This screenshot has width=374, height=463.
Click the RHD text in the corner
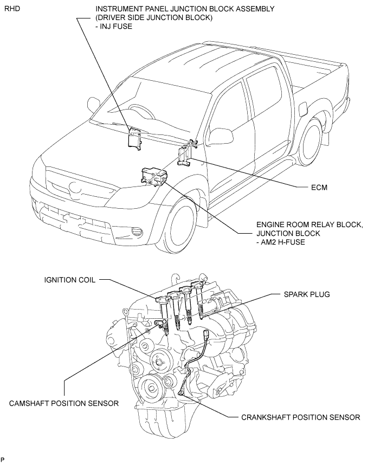tap(12, 9)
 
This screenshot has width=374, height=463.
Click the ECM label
tap(319, 188)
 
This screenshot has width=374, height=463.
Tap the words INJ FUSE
tap(115, 27)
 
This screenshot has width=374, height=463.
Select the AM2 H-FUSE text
tap(283, 242)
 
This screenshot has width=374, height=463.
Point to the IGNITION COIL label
tap(70, 280)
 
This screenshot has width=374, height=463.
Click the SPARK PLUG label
tap(307, 294)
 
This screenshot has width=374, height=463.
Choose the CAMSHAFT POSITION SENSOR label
tap(64, 403)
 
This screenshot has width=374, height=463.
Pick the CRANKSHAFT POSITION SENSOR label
tap(300, 417)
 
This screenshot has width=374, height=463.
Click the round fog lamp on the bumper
tap(137, 231)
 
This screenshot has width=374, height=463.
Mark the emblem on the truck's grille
tap(75, 187)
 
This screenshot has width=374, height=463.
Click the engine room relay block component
tap(154, 177)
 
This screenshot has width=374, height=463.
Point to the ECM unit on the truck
tap(184, 156)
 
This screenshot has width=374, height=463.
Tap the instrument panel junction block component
tap(135, 138)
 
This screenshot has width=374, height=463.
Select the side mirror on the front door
tap(221, 136)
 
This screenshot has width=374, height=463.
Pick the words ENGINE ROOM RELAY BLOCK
tap(309, 224)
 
